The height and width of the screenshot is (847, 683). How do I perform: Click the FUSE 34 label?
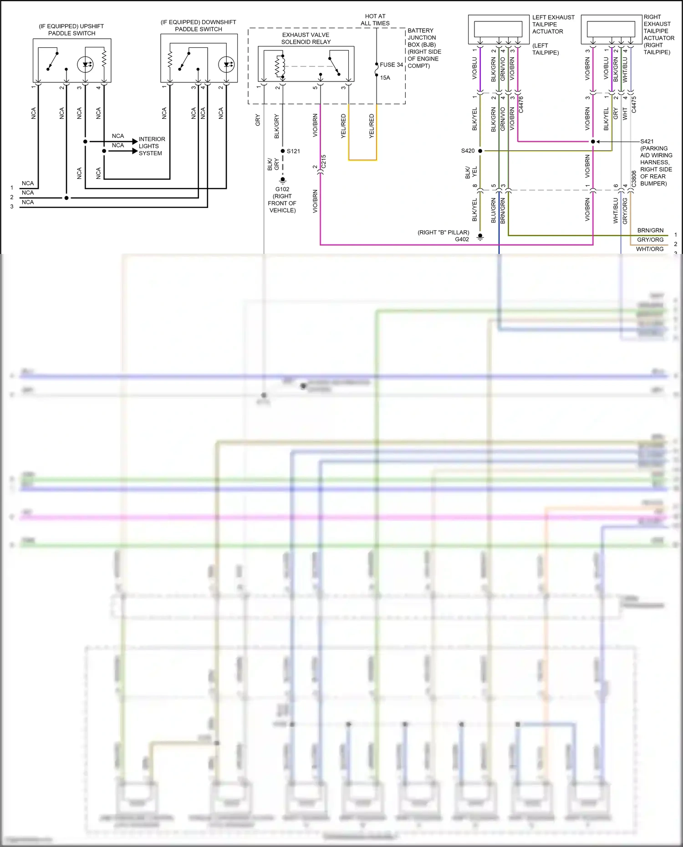[391, 65]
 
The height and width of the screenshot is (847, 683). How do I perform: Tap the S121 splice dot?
[283, 151]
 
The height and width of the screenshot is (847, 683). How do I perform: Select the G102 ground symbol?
[283, 180]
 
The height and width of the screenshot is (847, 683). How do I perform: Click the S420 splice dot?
[480, 151]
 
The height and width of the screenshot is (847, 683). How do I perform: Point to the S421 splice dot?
[593, 142]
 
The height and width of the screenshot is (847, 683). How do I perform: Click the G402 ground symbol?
[480, 237]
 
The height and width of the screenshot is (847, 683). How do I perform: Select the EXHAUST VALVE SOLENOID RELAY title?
[306, 38]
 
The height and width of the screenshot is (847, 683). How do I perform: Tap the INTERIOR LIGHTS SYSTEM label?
[152, 146]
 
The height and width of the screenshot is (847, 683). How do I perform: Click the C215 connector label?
[323, 162]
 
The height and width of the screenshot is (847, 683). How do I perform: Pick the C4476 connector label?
[521, 105]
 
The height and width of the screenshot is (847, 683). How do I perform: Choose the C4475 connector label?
[634, 105]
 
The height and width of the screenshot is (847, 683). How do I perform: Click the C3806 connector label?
[634, 179]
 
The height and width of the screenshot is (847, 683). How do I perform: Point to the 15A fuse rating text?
[385, 78]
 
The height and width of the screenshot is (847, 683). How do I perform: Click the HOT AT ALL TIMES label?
[375, 20]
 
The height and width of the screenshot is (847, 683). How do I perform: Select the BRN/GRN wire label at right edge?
[650, 230]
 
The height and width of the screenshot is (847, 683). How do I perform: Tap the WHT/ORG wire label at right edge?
[650, 249]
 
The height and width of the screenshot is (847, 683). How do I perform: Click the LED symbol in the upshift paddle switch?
[85, 64]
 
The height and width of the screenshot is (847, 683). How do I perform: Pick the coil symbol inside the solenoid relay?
[280, 66]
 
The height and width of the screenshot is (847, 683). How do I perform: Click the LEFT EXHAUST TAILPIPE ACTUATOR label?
[553, 24]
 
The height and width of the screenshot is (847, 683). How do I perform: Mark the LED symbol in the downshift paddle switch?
[226, 64]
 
